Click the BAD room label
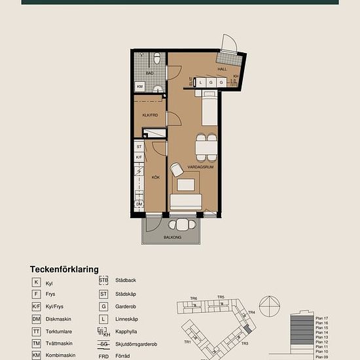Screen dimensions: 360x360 tap(149, 73)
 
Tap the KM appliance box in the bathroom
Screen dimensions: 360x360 tap(140, 86)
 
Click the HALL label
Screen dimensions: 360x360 tap(222, 69)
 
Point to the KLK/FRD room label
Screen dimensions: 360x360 tap(151, 115)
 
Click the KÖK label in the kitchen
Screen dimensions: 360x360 tap(156, 177)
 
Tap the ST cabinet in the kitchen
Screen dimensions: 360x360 tap(139, 147)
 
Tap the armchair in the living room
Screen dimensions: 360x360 tap(177, 170)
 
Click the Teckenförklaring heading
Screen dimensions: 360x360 tap(64, 269)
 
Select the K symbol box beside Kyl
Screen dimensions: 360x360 tap(37, 282)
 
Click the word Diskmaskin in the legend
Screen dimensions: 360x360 tap(60, 319)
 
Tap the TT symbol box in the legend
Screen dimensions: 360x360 tap(37, 331)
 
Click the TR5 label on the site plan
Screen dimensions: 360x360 tap(221, 297)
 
